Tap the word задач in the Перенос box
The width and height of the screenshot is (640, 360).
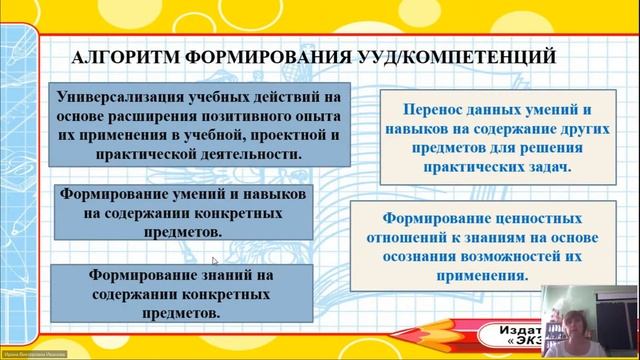pos(548,166)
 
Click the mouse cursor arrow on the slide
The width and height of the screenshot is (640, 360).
pos(214,261)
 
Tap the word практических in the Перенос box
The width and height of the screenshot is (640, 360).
pos(454,166)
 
